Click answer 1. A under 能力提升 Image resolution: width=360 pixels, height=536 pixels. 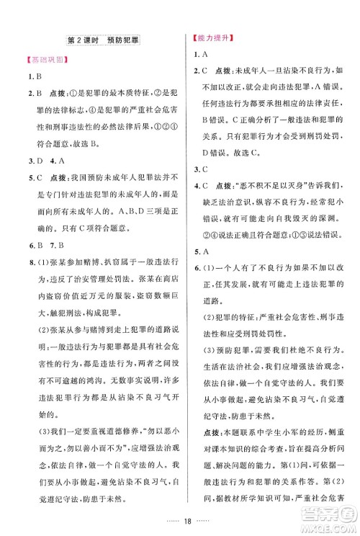pyautogui.click(x=201, y=55)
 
